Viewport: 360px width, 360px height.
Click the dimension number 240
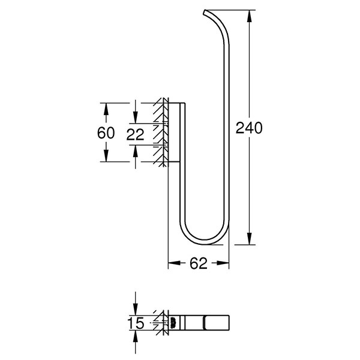click(x=249, y=128)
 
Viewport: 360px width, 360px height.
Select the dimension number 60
click(x=106, y=133)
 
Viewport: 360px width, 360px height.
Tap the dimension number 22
click(x=135, y=134)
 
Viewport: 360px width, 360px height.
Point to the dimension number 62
click(x=199, y=263)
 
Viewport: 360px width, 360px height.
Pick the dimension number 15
click(x=136, y=323)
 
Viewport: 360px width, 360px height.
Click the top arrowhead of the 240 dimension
click(x=250, y=16)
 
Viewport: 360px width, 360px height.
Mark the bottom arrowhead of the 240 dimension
click(x=250, y=239)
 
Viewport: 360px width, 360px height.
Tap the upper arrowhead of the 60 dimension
click(x=106, y=109)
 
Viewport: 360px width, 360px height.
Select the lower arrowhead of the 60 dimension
click(x=106, y=155)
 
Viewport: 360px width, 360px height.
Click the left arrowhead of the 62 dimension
click(x=175, y=263)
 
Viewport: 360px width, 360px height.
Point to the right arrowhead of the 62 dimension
click(x=223, y=263)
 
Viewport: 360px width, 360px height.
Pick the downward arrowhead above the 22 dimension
click(x=136, y=118)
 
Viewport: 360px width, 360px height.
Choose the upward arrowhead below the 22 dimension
click(x=136, y=151)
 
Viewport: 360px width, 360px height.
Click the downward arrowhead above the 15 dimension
click(x=136, y=309)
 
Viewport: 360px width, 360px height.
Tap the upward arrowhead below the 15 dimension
click(x=136, y=337)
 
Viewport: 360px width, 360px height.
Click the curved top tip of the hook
click(x=205, y=12)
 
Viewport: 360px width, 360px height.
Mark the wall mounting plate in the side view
click(x=174, y=132)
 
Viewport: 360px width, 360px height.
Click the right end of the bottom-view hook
click(x=229, y=323)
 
